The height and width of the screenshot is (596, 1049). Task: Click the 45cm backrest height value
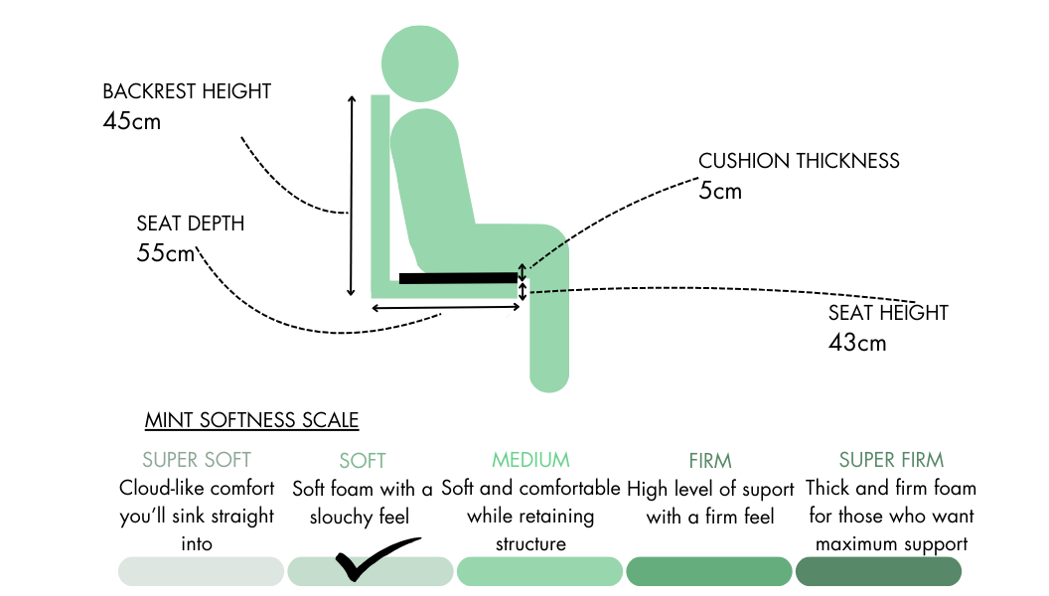(131, 122)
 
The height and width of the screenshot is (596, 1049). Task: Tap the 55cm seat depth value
(166, 253)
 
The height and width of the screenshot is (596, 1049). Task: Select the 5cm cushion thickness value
(720, 191)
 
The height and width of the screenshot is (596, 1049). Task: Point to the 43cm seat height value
(857, 343)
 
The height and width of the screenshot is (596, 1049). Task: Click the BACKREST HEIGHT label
(187, 91)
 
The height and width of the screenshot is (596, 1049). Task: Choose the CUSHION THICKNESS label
(799, 161)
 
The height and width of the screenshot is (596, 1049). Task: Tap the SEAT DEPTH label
(191, 223)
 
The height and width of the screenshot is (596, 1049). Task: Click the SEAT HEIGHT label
(888, 313)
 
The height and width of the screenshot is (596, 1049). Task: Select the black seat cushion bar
(458, 277)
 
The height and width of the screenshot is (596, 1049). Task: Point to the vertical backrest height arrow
(351, 196)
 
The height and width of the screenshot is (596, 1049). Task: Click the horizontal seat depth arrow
(446, 308)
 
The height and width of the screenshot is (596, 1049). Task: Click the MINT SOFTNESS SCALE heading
(251, 420)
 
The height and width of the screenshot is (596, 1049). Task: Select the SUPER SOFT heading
(197, 460)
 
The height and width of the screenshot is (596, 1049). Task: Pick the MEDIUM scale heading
(530, 460)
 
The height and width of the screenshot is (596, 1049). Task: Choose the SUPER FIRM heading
(891, 460)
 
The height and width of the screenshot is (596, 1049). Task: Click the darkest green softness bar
(878, 571)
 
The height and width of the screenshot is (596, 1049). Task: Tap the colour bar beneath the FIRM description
(709, 571)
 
